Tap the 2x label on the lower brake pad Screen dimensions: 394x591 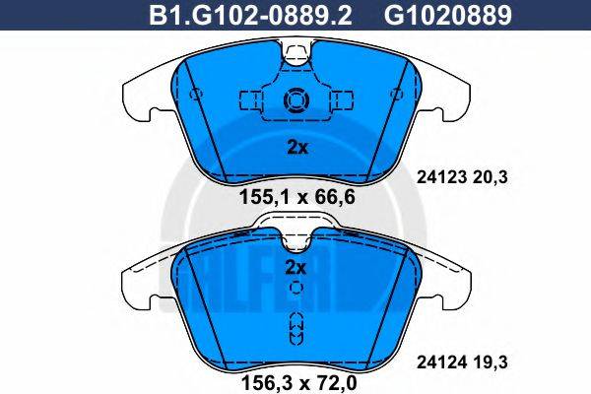click(296, 267)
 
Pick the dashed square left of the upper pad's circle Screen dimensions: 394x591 click(250, 99)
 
